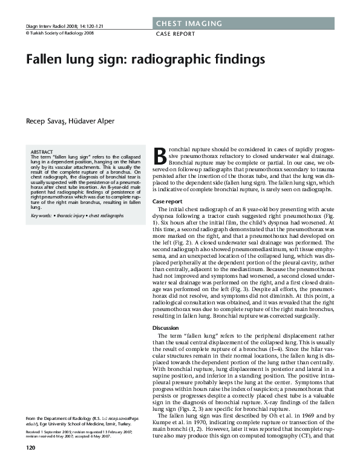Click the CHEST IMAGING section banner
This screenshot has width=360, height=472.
tap(189, 24)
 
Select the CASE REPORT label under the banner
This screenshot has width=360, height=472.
tap(175, 34)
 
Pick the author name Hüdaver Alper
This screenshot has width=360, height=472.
tap(93, 121)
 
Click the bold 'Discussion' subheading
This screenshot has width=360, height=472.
tap(166, 327)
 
